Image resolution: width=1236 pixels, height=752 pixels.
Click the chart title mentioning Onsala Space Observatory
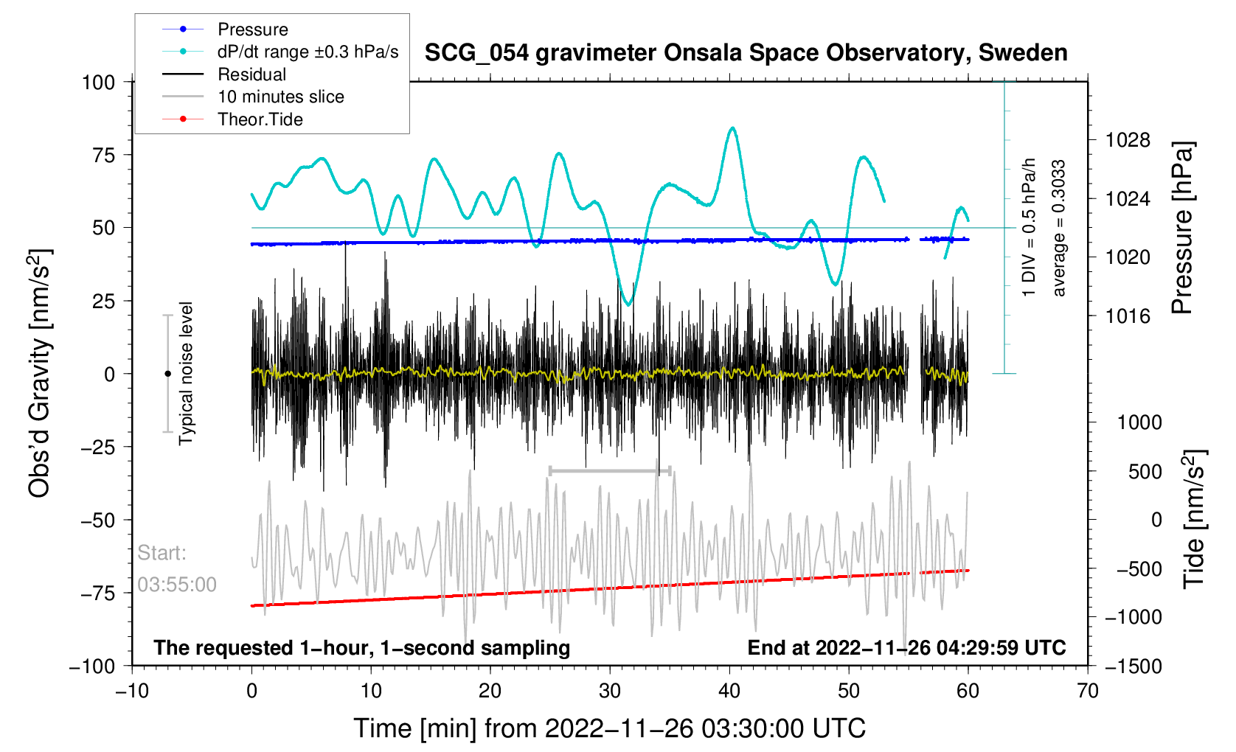click(746, 53)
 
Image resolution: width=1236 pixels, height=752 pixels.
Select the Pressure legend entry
click(253, 29)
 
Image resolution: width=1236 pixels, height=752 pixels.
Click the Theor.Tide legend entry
click(260, 119)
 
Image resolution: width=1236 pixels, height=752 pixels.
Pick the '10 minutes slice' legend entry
click(280, 97)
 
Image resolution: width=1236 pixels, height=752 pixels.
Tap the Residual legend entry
click(251, 74)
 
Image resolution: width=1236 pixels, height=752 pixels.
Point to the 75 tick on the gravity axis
click(100, 155)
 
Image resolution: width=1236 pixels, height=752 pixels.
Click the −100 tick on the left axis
click(92, 666)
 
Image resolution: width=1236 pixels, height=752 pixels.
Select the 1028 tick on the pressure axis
click(1128, 140)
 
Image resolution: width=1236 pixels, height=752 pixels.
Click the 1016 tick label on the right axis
click(1128, 316)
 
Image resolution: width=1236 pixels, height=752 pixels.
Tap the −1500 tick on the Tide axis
click(1133, 666)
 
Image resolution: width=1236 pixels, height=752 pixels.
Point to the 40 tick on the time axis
click(729, 691)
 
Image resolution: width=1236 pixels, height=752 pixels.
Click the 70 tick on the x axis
click(1087, 691)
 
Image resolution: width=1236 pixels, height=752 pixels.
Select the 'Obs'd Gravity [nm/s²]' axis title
click(40, 374)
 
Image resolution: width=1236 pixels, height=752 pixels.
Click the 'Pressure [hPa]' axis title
click(1182, 229)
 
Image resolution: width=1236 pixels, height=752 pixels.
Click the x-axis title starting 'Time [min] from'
click(609, 728)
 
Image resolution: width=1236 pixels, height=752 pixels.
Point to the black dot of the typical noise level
click(167, 374)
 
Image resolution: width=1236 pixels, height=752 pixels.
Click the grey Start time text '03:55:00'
click(177, 585)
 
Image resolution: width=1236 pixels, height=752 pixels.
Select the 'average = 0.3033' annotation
click(1059, 229)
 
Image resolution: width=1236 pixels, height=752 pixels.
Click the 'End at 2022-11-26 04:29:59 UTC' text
click(906, 648)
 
